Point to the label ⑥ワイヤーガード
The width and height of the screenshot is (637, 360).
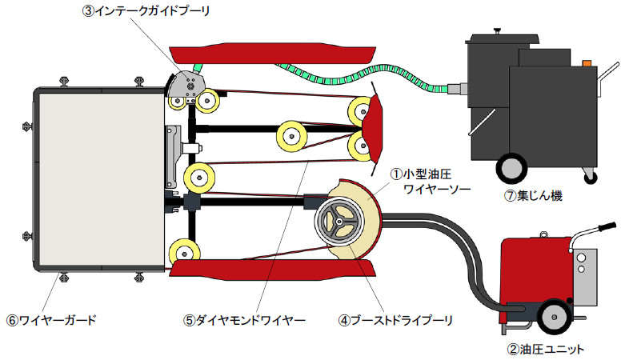(x=52, y=320)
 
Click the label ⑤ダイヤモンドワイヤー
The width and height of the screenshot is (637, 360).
(x=244, y=320)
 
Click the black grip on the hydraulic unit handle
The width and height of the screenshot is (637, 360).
(x=604, y=226)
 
